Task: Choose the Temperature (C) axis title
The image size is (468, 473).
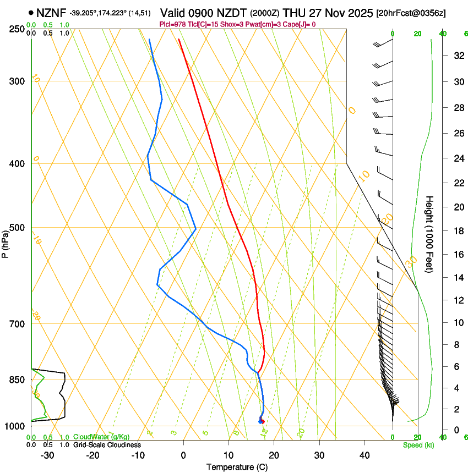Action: tap(237, 467)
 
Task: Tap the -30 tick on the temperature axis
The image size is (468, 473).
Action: tap(47, 455)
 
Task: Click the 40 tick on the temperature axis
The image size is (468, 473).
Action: tap(364, 455)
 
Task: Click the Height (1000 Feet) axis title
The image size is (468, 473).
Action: tap(430, 234)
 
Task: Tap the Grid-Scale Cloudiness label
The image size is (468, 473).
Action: tap(107, 444)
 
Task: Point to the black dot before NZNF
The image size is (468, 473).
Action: tap(31, 12)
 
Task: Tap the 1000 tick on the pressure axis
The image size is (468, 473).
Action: tap(15, 426)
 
